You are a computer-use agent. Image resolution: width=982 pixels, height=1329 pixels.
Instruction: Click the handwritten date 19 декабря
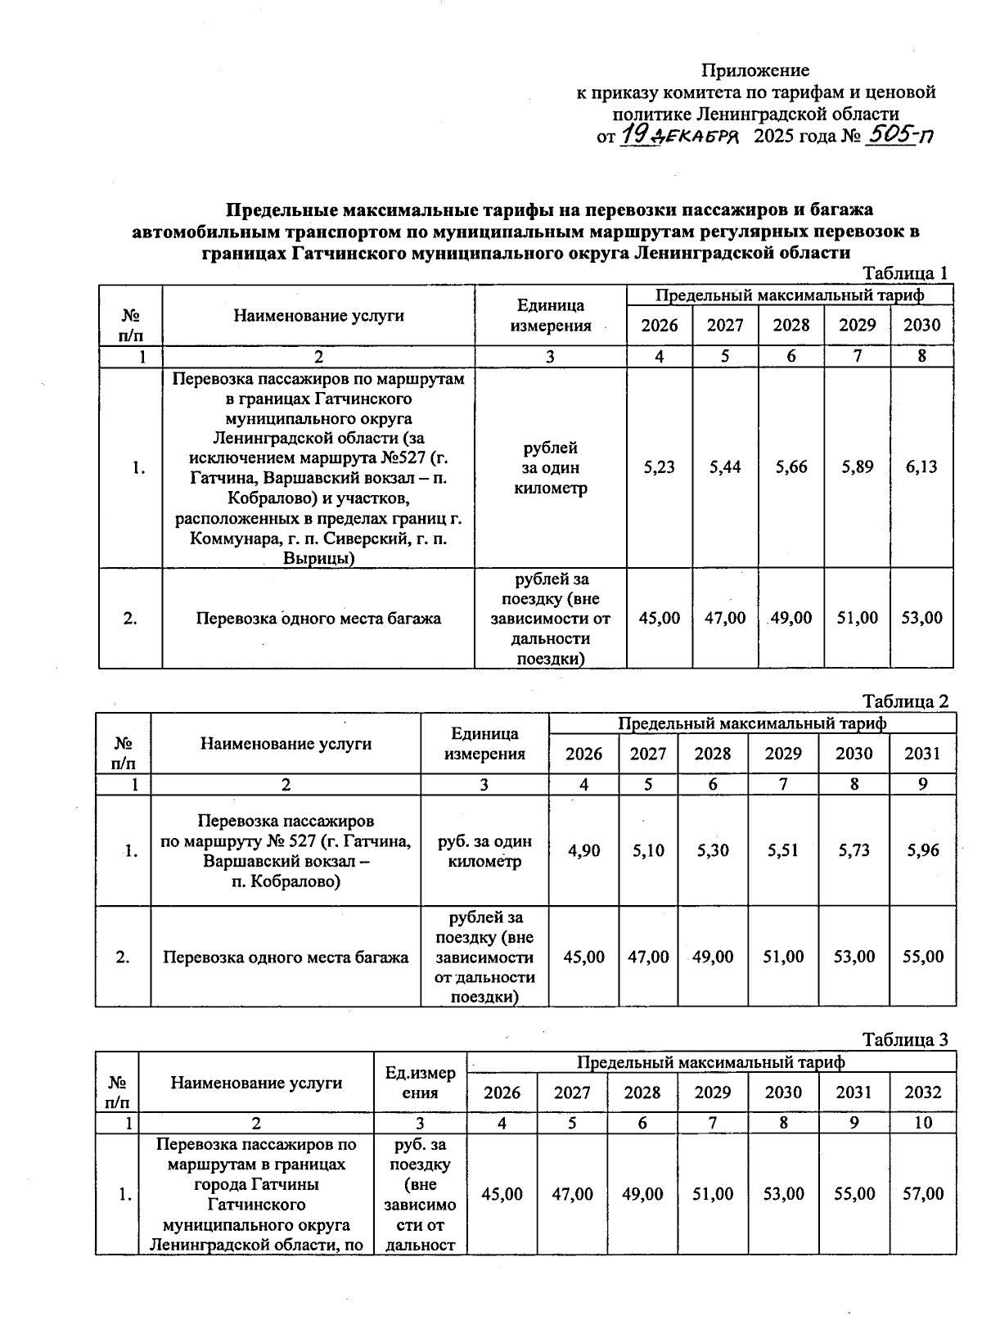click(678, 136)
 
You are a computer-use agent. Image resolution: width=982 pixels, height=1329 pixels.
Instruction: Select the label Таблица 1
click(904, 273)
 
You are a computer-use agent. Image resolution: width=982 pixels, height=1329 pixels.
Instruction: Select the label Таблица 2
click(904, 702)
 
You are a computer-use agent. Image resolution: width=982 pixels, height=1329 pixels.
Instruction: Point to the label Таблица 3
click(904, 1040)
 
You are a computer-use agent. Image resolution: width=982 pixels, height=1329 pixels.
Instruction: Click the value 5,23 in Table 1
click(660, 467)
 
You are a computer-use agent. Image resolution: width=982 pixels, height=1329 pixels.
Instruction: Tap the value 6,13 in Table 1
click(921, 467)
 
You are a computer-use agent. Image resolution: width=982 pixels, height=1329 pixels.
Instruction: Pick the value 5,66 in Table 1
click(791, 467)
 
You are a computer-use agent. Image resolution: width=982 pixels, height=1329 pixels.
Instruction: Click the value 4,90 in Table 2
click(583, 851)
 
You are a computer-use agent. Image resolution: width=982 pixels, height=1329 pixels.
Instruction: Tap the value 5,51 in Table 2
click(783, 851)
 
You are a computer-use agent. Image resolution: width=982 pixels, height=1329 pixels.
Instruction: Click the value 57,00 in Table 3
click(922, 1195)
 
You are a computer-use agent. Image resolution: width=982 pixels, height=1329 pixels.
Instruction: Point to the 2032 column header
click(922, 1093)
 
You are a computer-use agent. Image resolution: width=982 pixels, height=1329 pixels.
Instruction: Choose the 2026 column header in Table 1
click(660, 326)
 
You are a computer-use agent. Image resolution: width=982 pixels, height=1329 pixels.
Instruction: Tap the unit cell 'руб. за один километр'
click(484, 852)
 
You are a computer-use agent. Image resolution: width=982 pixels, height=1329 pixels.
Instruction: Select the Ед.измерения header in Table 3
click(421, 1083)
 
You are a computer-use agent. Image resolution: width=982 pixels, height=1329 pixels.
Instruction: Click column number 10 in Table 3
click(922, 1124)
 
